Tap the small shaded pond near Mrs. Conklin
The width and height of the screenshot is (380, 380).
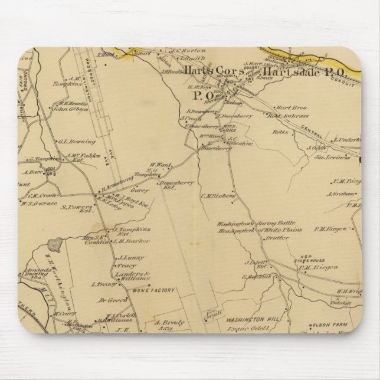(58, 242)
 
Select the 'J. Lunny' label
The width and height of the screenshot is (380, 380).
(127, 258)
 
